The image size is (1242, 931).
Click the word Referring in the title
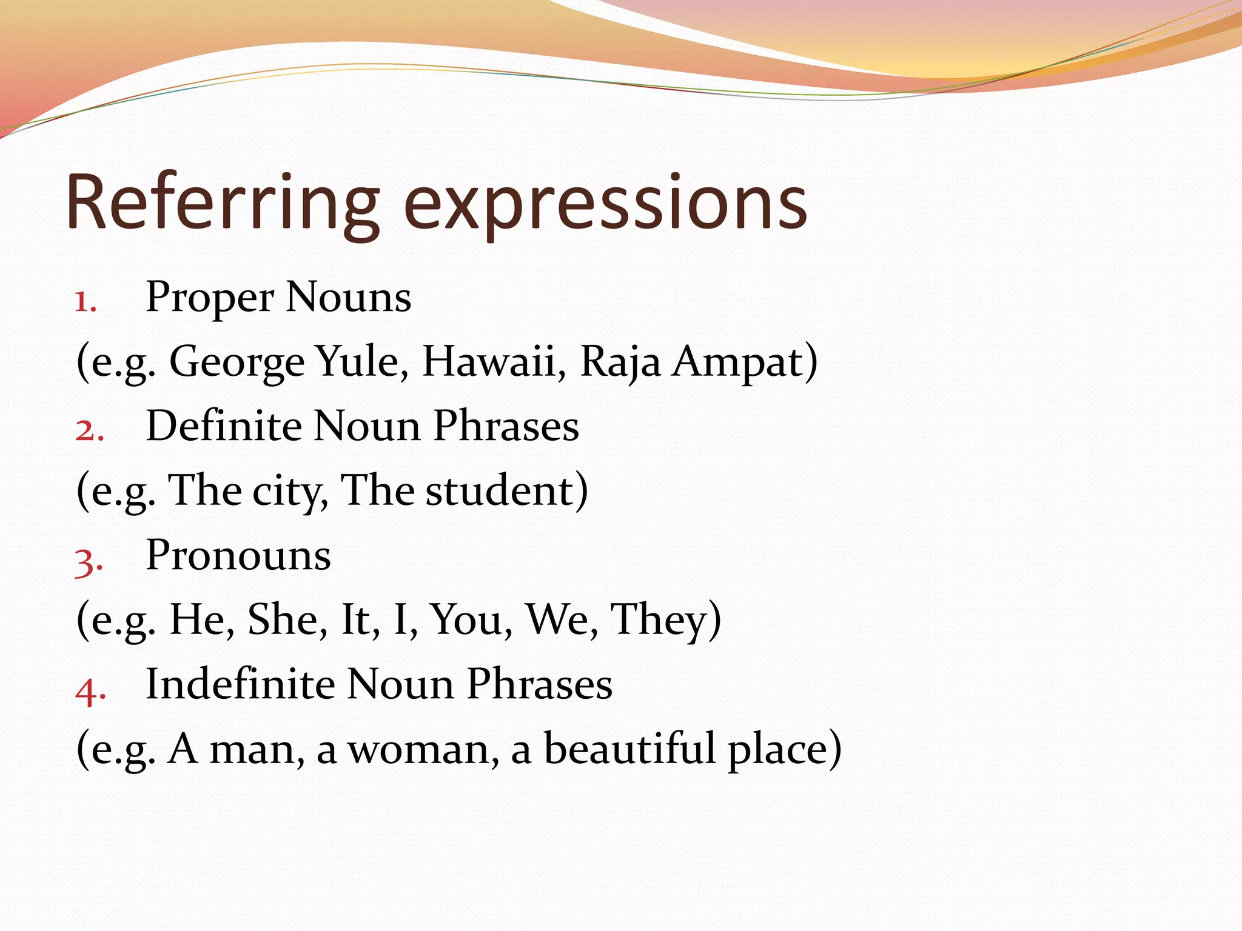point(222,203)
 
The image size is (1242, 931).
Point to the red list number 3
point(89,561)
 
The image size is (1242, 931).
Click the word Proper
point(210,298)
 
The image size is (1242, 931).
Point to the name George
point(237,362)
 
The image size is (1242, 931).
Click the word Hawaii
point(489,361)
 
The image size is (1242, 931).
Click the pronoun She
point(283,619)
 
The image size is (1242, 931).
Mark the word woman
point(418,750)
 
